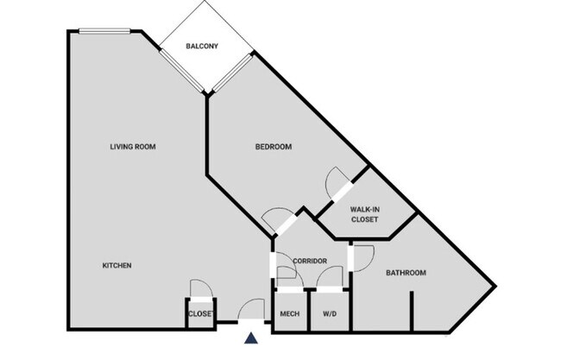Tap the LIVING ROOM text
pyautogui.click(x=132, y=147)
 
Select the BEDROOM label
pyautogui.click(x=273, y=147)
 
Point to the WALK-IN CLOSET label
pyautogui.click(x=364, y=214)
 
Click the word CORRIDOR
pyautogui.click(x=309, y=261)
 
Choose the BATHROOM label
pyautogui.click(x=406, y=273)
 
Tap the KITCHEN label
pyautogui.click(x=117, y=265)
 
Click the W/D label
pyautogui.click(x=330, y=313)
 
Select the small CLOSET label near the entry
pyautogui.click(x=200, y=313)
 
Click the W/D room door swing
pyautogui.click(x=330, y=277)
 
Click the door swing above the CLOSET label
pyautogui.click(x=199, y=290)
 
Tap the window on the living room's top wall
pyautogui.click(x=104, y=32)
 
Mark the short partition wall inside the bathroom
pyautogui.click(x=412, y=311)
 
